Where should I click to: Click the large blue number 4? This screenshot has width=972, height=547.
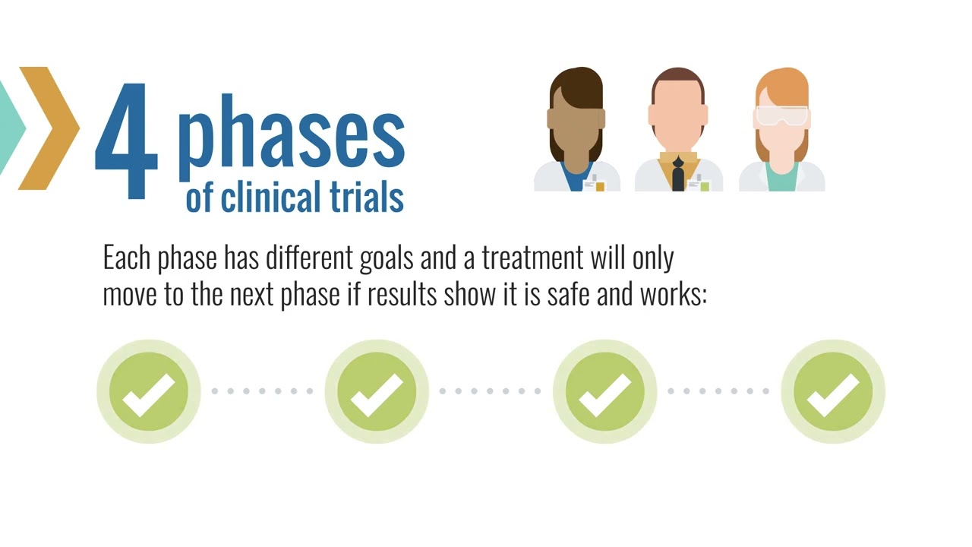click(126, 141)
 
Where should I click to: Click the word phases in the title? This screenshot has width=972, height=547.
click(291, 137)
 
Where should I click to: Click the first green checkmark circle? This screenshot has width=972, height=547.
click(148, 392)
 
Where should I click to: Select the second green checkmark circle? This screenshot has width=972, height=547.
click(377, 392)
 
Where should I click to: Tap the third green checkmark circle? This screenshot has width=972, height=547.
click(604, 392)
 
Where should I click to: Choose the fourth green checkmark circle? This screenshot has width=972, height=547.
click(833, 392)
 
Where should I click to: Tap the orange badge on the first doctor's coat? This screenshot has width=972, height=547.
click(600, 186)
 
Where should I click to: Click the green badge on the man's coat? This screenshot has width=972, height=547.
click(704, 186)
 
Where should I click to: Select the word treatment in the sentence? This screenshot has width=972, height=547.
click(531, 258)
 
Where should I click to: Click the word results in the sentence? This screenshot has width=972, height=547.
click(402, 295)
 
